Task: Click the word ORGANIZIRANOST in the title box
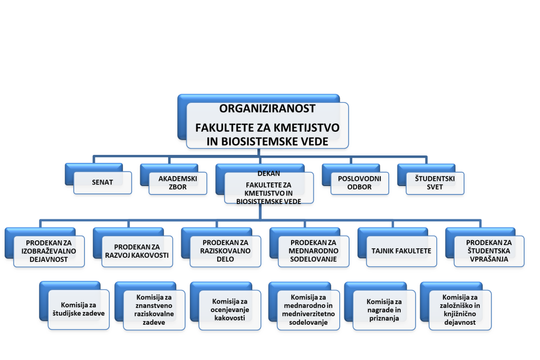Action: click(267, 109)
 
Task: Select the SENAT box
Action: click(103, 182)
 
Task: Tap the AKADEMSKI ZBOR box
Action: click(178, 183)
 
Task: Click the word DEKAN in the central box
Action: click(268, 173)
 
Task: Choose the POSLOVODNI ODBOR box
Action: click(360, 183)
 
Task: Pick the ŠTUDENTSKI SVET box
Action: click(435, 183)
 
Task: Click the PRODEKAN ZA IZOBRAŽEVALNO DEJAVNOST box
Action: click(49, 251)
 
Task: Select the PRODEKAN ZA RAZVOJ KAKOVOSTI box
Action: click(137, 251)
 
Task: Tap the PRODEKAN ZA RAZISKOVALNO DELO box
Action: click(225, 251)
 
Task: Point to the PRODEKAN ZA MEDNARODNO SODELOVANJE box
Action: click(313, 251)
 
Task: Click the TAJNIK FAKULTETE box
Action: click(401, 251)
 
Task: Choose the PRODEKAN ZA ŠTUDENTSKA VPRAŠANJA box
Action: click(489, 251)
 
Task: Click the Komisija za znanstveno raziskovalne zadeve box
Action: click(154, 310)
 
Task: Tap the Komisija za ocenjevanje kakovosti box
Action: click(230, 310)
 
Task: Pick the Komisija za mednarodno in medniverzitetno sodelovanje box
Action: click(308, 310)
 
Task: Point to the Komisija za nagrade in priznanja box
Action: click(384, 310)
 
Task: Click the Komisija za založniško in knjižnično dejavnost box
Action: click(460, 310)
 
